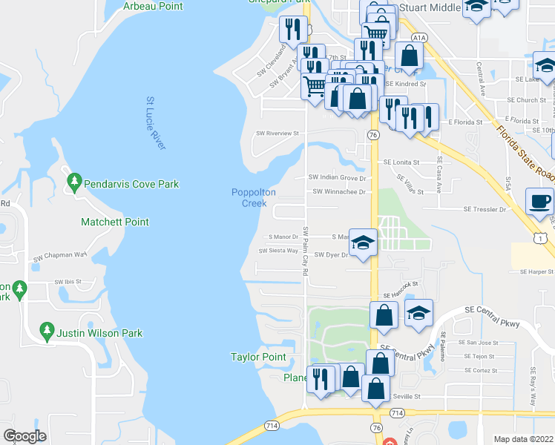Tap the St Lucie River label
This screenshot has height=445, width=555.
[x=155, y=123]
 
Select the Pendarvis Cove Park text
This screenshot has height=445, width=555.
[x=131, y=185]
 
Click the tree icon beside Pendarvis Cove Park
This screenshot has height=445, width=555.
[x=73, y=181]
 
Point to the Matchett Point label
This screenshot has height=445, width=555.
[x=114, y=222]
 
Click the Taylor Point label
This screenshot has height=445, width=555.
[x=257, y=357]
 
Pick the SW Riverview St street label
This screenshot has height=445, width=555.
[x=277, y=134]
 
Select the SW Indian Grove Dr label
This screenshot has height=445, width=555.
[x=338, y=178]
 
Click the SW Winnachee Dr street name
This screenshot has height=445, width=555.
[x=339, y=191]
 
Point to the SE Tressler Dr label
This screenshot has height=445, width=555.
[x=485, y=210]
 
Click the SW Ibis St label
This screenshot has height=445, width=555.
[x=71, y=282]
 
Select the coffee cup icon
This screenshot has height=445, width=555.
[x=539, y=201]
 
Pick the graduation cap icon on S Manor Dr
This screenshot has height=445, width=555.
[x=362, y=243]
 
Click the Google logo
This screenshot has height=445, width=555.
[x=24, y=436]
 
